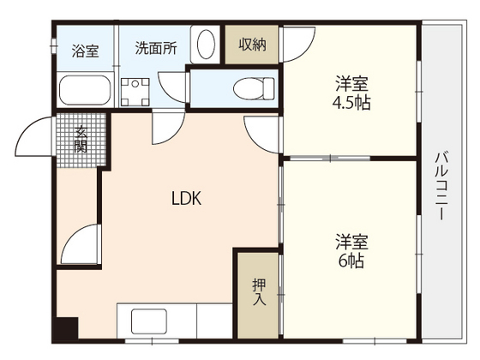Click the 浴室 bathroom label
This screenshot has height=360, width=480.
click(x=84, y=49)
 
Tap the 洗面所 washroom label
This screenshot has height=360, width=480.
click(x=156, y=48)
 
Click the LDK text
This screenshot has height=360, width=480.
click(x=185, y=199)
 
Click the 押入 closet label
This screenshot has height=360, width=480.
click(x=259, y=291)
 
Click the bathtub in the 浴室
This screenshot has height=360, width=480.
click(x=84, y=88)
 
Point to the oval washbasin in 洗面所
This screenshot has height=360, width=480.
click(x=206, y=45)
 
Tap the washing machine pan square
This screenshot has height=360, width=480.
click(x=135, y=90)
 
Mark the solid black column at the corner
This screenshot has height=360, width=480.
click(x=65, y=328)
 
